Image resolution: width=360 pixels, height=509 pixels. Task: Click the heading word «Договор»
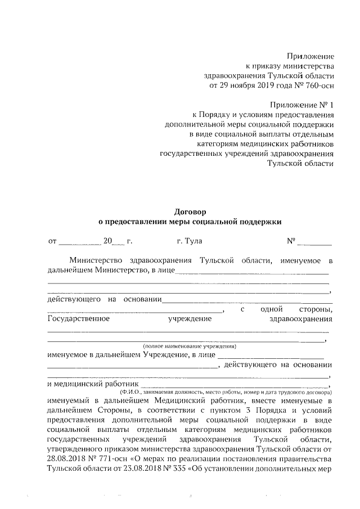coord(190,212)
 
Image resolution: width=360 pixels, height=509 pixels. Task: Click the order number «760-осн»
coord(319,86)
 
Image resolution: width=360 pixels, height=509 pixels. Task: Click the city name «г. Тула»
coord(189,241)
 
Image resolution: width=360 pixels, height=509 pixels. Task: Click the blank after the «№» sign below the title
coord(314,243)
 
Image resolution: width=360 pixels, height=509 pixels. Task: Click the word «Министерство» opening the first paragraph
coord(98,260)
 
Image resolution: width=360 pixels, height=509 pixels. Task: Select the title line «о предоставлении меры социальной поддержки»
coord(190,222)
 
